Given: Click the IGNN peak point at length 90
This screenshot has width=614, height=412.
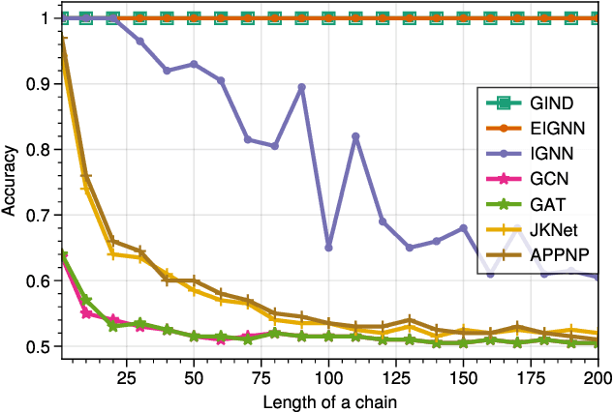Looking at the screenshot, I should click(x=301, y=87).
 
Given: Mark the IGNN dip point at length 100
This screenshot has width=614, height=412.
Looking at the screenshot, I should click(x=328, y=248).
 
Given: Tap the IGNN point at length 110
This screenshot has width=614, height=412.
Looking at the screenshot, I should click(x=355, y=136).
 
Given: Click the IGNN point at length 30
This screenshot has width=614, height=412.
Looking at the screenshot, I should click(x=139, y=41).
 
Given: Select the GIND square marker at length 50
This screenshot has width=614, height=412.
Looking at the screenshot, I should click(x=194, y=18).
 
